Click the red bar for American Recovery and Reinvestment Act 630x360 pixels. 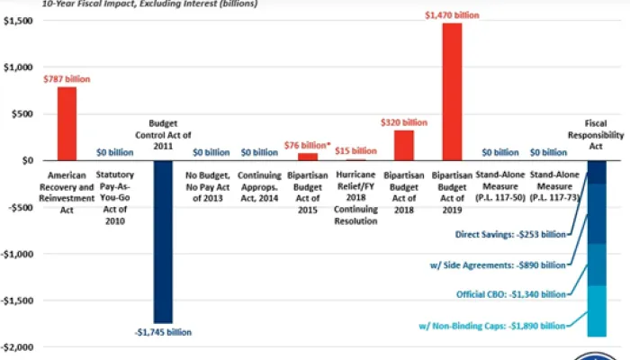[67, 123]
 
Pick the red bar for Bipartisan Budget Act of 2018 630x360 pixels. [404, 146]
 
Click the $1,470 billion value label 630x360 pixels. [452, 15]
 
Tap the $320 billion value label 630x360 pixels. [404, 122]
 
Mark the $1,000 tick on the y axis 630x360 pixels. [18, 67]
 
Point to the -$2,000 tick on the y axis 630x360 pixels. [18, 346]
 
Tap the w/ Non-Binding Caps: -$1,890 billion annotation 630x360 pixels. [504, 326]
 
